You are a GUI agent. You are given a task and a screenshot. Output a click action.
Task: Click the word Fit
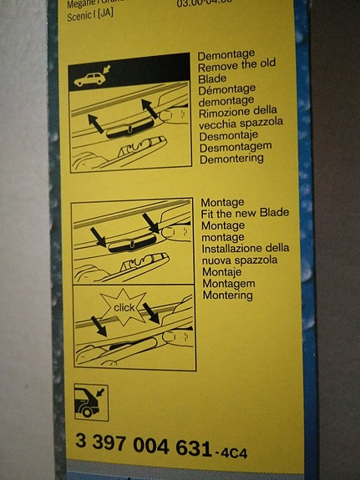210,214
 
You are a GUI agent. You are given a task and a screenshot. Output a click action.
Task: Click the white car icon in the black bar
89,80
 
